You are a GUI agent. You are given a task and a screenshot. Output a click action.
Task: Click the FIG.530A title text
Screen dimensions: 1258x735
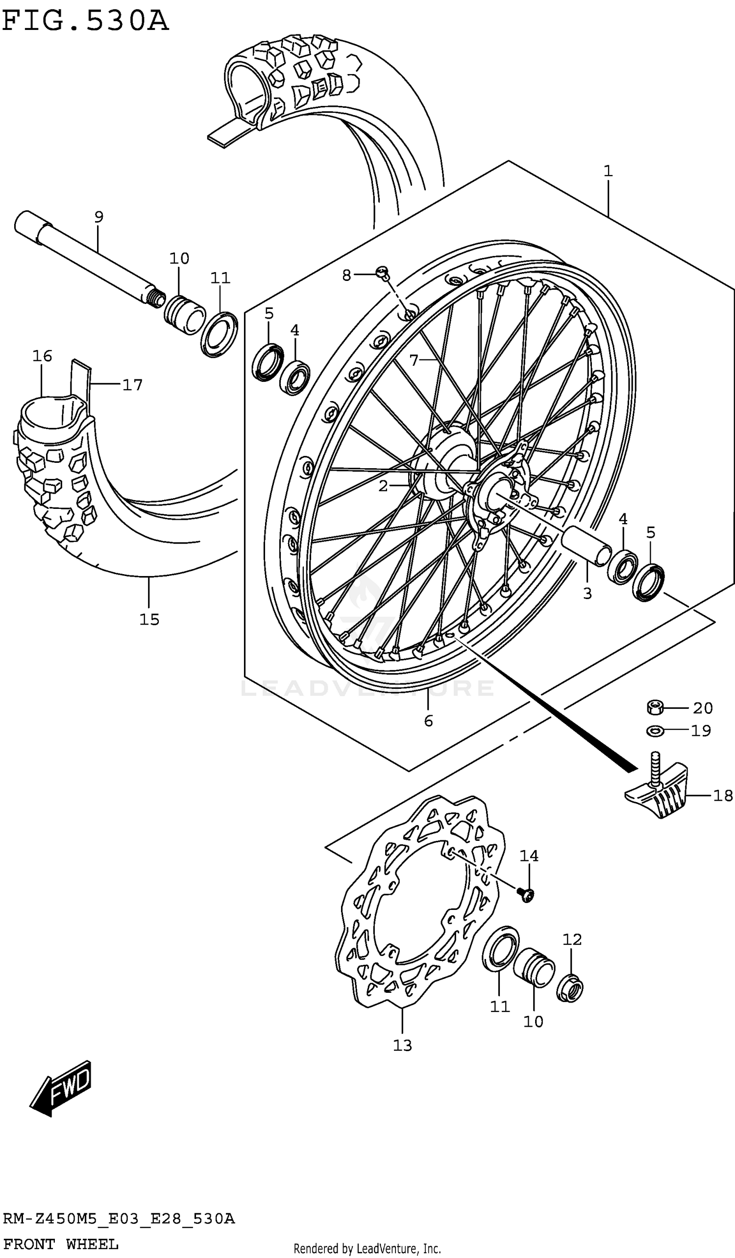coord(85,22)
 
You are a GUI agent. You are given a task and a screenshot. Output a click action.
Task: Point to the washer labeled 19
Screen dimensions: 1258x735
coord(655,731)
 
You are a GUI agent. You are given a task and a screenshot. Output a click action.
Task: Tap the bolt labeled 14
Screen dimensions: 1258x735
coord(525,895)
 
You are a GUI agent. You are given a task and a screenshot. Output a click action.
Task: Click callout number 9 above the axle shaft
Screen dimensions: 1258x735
coord(99,217)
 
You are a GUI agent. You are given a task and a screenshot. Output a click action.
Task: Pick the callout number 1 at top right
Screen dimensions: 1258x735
coord(608,171)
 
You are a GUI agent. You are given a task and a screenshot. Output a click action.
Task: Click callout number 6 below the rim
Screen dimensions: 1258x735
coord(428,721)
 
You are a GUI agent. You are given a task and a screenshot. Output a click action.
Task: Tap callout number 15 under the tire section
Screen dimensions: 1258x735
coord(149,620)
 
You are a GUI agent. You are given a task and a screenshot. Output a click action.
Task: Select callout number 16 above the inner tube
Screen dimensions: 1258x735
coord(43,356)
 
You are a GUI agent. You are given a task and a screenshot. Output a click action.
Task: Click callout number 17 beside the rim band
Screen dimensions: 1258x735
coord(132,385)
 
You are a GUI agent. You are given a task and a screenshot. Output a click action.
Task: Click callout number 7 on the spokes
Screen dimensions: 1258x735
coord(414,359)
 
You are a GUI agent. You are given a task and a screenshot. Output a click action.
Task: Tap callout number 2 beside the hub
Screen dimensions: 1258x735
coord(383,486)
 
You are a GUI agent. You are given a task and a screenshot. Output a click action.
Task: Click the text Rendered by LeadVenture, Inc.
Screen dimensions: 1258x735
coord(367,1249)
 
